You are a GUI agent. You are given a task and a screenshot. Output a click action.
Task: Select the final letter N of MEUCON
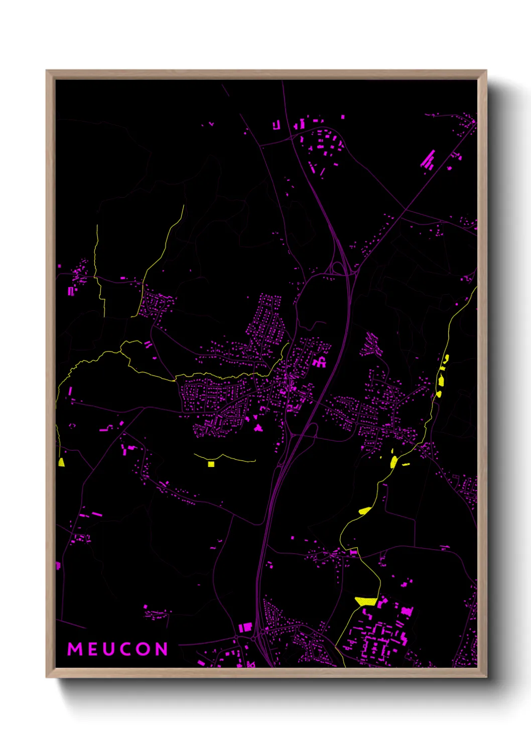pos(161,649)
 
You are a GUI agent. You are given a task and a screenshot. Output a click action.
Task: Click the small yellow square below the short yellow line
pos(211,464)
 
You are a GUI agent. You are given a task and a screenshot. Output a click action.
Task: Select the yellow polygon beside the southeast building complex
pos(366,601)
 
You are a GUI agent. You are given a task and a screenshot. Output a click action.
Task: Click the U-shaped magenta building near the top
pos(276,125)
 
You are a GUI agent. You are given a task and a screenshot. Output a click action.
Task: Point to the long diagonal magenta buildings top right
pos(428,159)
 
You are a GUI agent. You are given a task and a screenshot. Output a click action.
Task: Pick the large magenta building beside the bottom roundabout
pos(245,627)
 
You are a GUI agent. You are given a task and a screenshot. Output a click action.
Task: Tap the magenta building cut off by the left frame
pos(58,566)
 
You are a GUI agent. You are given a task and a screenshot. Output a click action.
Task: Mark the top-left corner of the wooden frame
pos(47,71)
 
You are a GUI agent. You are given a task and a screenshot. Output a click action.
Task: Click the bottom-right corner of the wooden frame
pos(486,677)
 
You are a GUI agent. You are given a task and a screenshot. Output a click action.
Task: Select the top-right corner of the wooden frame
pos(486,71)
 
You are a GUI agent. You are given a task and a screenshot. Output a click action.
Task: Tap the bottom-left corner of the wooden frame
pos(47,677)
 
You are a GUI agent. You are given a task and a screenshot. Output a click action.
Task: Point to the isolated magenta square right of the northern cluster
pos(343,117)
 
